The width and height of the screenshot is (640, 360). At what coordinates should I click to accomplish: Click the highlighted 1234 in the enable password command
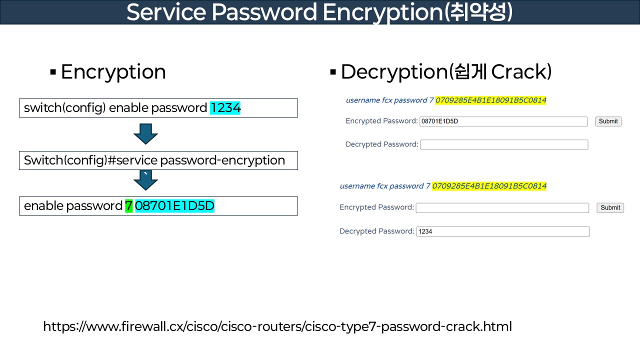coord(225,108)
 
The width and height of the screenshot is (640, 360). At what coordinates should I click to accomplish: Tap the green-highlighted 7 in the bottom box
coord(128,206)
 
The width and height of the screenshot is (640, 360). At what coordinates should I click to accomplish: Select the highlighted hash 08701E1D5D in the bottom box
coord(174,206)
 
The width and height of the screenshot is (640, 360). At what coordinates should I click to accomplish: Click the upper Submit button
coord(608,121)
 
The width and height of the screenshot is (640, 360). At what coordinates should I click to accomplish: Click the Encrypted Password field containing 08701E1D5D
coord(503,121)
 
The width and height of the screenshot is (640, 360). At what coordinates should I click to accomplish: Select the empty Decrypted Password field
coord(504,144)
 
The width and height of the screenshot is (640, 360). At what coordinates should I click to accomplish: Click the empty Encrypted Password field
coord(502,207)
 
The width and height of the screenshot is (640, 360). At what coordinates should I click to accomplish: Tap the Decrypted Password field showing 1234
coord(502,231)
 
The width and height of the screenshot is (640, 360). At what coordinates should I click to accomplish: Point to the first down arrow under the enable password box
coord(146,134)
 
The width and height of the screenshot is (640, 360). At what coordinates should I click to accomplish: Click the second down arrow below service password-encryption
coord(146,180)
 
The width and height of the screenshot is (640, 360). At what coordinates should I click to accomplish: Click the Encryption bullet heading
coord(113,72)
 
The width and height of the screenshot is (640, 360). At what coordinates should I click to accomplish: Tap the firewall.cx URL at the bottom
coord(277,327)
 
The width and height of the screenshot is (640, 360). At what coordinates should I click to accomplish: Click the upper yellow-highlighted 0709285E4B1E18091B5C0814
coord(490,100)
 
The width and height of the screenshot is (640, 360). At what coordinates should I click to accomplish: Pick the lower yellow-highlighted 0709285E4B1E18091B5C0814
coord(489,186)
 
